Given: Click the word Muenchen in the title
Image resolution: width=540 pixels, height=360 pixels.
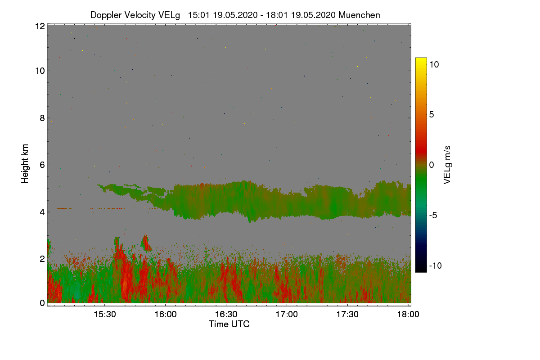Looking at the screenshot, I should click(359, 15).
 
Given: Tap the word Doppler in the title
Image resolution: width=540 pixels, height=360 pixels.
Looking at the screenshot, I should click(106, 15).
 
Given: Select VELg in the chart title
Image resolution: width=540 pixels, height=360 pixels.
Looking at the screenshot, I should click(168, 15).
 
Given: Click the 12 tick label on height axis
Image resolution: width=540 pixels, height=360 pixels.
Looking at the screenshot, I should click(40, 26).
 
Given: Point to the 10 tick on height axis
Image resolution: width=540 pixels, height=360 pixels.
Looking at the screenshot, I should click(40, 71).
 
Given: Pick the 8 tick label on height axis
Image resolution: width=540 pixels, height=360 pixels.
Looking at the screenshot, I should click(41, 118).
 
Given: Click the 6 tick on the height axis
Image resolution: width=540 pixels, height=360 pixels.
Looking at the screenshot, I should click(41, 165).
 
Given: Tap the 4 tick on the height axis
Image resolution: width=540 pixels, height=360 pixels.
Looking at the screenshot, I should click(41, 211).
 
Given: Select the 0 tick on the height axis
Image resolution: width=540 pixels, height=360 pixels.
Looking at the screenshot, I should click(41, 303).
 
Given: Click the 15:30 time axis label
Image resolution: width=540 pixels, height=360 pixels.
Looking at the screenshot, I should click(105, 315).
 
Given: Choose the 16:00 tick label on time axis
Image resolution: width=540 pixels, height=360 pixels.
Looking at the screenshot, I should click(166, 315).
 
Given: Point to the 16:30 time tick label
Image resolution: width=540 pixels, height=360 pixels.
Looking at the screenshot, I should click(226, 315).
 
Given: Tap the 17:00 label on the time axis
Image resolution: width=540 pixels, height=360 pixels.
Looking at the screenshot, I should click(287, 315).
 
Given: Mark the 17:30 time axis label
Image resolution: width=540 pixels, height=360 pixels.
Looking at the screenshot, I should click(348, 315).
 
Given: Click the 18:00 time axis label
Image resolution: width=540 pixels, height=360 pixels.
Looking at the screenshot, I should click(408, 315).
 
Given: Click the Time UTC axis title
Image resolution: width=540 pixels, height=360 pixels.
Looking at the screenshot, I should click(229, 324).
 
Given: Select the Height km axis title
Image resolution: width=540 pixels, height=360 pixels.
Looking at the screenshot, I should click(25, 164).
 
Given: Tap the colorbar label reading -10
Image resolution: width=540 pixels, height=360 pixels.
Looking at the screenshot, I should click(436, 265).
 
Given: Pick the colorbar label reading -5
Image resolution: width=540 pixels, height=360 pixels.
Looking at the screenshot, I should click(434, 215).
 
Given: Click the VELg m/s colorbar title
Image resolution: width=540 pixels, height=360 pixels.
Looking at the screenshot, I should click(447, 165).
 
